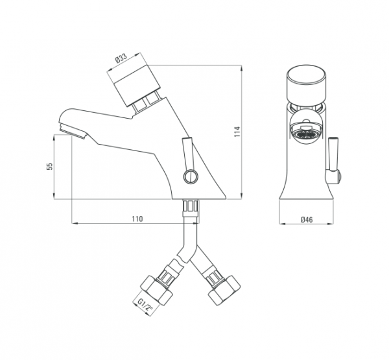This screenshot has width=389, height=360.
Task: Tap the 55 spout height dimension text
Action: click(x=50, y=167)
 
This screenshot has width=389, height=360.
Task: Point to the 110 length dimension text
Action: click(x=137, y=219)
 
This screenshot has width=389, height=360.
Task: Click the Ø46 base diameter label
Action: click(x=307, y=220)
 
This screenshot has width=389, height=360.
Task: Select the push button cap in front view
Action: click(x=307, y=85)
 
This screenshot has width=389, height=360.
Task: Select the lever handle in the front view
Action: click(x=336, y=159)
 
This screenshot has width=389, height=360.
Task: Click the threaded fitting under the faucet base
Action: click(x=191, y=207)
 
